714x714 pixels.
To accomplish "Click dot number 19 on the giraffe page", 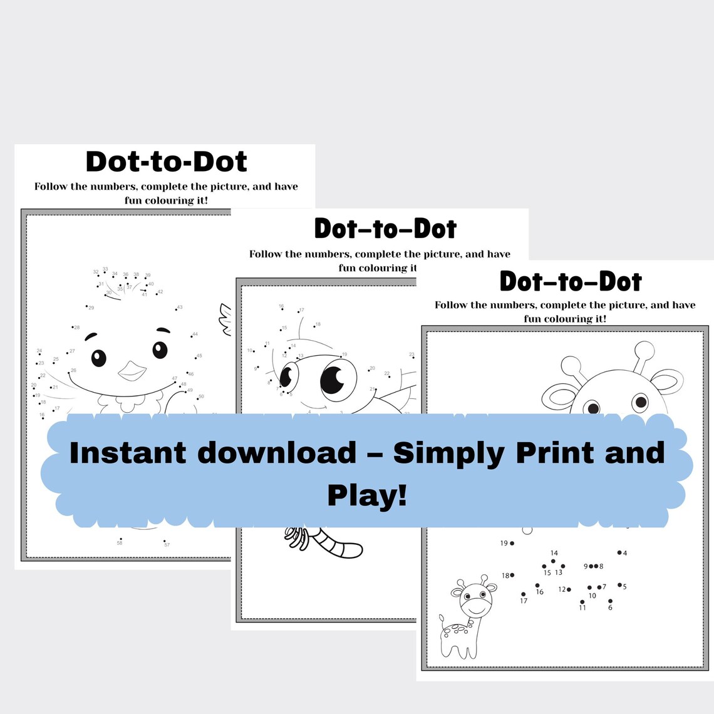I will click(x=512, y=543).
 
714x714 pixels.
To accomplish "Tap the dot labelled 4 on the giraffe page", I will click(x=619, y=552).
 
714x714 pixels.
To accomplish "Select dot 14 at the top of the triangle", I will click(x=553, y=561).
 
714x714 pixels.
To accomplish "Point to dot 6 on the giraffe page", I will click(x=610, y=601).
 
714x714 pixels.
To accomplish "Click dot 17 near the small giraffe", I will click(x=523, y=594).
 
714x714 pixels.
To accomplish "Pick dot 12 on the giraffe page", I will click(x=569, y=589).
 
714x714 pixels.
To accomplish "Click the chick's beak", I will click(x=132, y=370).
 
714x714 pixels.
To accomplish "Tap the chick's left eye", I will click(x=99, y=358).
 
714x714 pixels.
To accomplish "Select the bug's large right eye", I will click(x=338, y=380).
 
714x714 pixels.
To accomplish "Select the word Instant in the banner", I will click(x=128, y=453).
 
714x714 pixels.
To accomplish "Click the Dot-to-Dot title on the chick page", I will click(x=166, y=162).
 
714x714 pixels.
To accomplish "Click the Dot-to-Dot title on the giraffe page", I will click(x=571, y=281).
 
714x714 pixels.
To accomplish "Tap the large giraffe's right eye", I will click(x=640, y=401).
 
